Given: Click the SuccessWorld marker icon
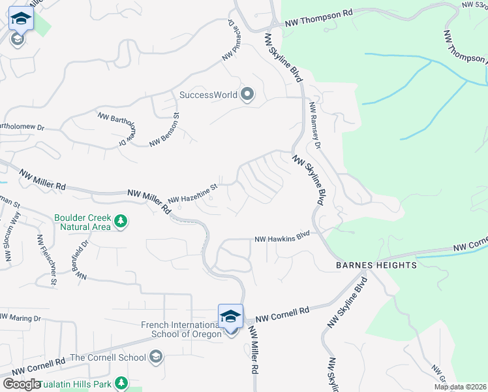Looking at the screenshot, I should click(247, 95).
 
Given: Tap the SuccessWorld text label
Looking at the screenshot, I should click(209, 95).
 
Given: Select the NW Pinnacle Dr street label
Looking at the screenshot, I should click(229, 40).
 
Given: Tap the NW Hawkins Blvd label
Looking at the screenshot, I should click(282, 238).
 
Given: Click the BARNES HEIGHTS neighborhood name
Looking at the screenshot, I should click(376, 265).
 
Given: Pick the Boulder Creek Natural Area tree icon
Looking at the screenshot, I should click(120, 221).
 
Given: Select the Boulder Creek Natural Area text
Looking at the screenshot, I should click(83, 222).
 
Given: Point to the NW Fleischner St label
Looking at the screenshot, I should click(47, 260).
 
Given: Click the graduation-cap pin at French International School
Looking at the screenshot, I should click(231, 316).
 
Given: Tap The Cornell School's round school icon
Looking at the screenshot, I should click(155, 357).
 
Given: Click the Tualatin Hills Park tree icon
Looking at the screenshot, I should click(120, 383).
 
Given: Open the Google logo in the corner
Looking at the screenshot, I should click(21, 384).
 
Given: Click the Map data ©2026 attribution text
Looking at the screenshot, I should click(459, 387).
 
